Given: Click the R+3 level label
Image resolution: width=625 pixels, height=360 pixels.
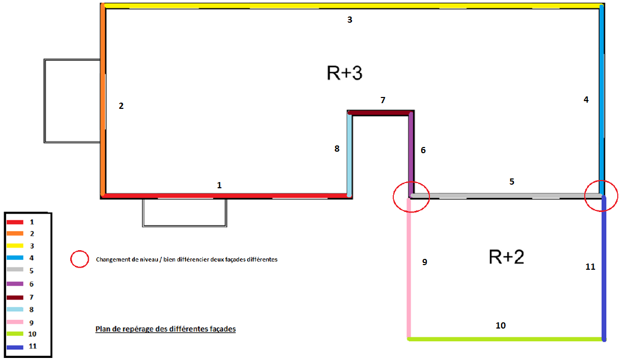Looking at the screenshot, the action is tap(344, 73).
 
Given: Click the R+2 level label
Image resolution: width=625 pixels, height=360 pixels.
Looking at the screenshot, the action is tap(506, 256).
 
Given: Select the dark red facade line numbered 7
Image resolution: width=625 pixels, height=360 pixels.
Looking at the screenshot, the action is tap(379, 113).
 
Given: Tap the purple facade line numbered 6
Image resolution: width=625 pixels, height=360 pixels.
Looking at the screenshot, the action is tap(411, 152).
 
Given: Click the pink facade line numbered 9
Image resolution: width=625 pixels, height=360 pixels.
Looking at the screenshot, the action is tap(409, 268).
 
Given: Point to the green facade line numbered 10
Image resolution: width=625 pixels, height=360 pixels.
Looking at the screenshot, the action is tap(506, 339).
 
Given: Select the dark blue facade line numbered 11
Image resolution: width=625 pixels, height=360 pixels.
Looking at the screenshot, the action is tap(603, 268).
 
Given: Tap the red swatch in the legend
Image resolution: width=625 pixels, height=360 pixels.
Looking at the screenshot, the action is tap(15, 222).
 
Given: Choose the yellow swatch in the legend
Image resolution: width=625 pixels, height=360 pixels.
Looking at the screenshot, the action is tap(15, 246).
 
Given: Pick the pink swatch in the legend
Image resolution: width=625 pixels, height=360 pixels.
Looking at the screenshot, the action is tap(15, 322).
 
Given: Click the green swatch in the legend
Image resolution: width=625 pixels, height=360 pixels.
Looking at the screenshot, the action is tap(15, 334).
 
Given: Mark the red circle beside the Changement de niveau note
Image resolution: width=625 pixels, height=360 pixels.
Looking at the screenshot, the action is tap(79, 259).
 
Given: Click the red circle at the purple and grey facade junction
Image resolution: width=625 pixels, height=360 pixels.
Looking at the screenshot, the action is tap(411, 197).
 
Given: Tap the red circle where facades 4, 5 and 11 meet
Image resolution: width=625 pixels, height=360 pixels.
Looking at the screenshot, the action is tap(601, 196).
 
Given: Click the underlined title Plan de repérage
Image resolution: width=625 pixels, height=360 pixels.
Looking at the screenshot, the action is tap(166, 329).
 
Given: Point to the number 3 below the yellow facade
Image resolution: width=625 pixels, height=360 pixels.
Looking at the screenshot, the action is tap(349, 20).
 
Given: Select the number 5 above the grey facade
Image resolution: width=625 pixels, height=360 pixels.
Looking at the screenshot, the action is tap(511, 182).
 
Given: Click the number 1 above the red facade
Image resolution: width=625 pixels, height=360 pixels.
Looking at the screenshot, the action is tap(219, 185).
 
